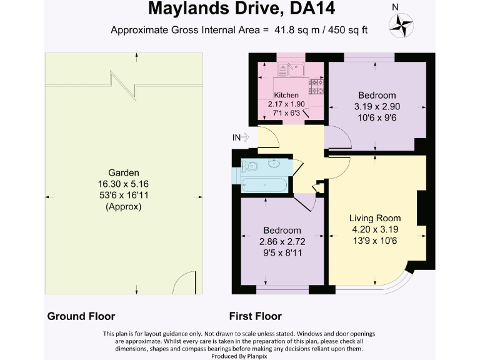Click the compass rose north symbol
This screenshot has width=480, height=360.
click(x=401, y=25)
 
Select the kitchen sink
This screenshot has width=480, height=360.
click(x=292, y=69)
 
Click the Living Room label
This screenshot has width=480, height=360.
click(x=374, y=218)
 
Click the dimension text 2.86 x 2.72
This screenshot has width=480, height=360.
click(x=281, y=241)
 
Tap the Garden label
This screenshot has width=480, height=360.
click(x=124, y=172)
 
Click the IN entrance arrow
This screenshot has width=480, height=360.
click(x=241, y=137)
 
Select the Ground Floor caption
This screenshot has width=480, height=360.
click(x=81, y=316)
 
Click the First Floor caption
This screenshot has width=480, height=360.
click(x=255, y=316)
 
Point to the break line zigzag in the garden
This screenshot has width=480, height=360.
click(x=123, y=84)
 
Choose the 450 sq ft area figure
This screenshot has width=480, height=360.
click(x=350, y=30)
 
